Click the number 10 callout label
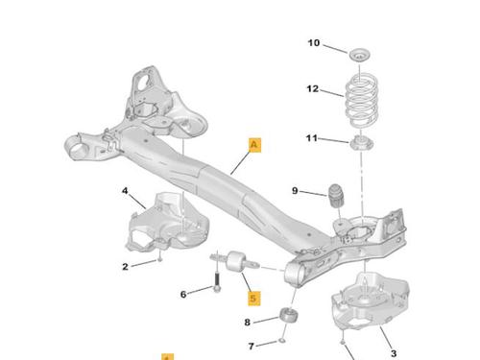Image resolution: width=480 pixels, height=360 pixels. coord(314,43)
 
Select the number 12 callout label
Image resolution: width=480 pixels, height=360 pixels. coord(313,88)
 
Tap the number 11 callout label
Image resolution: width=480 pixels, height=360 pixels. coord(312,138)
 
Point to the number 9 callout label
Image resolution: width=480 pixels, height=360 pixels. coord(295,191)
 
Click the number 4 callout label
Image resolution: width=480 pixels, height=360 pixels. coord(125,191)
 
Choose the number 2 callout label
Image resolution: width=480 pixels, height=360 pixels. coord(125,267)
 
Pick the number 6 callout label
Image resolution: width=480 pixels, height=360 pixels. coord(183,294)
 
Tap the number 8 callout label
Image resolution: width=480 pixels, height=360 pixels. coord(247,323)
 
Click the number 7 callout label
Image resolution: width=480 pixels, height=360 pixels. coord(252,347)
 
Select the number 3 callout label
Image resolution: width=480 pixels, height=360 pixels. coord(394,353)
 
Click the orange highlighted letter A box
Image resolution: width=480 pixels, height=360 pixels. coord(254,145)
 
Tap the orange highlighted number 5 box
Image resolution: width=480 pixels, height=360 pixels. coord(254,299)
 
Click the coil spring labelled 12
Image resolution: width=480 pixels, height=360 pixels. coord(362,101)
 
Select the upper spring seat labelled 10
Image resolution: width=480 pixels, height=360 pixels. coord(359,56)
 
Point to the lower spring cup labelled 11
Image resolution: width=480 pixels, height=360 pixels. coord(362,143)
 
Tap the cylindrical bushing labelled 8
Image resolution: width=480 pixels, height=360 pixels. coord(289,315)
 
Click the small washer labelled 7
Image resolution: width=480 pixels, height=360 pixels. coord(281,341)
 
